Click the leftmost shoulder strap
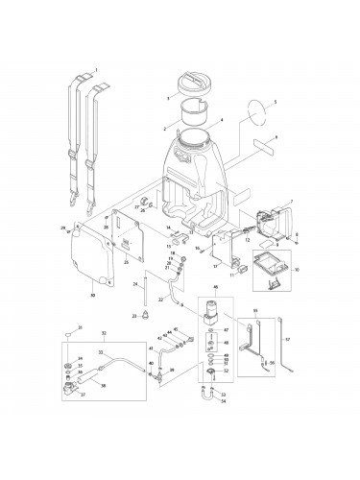77,134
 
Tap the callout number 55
273,363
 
